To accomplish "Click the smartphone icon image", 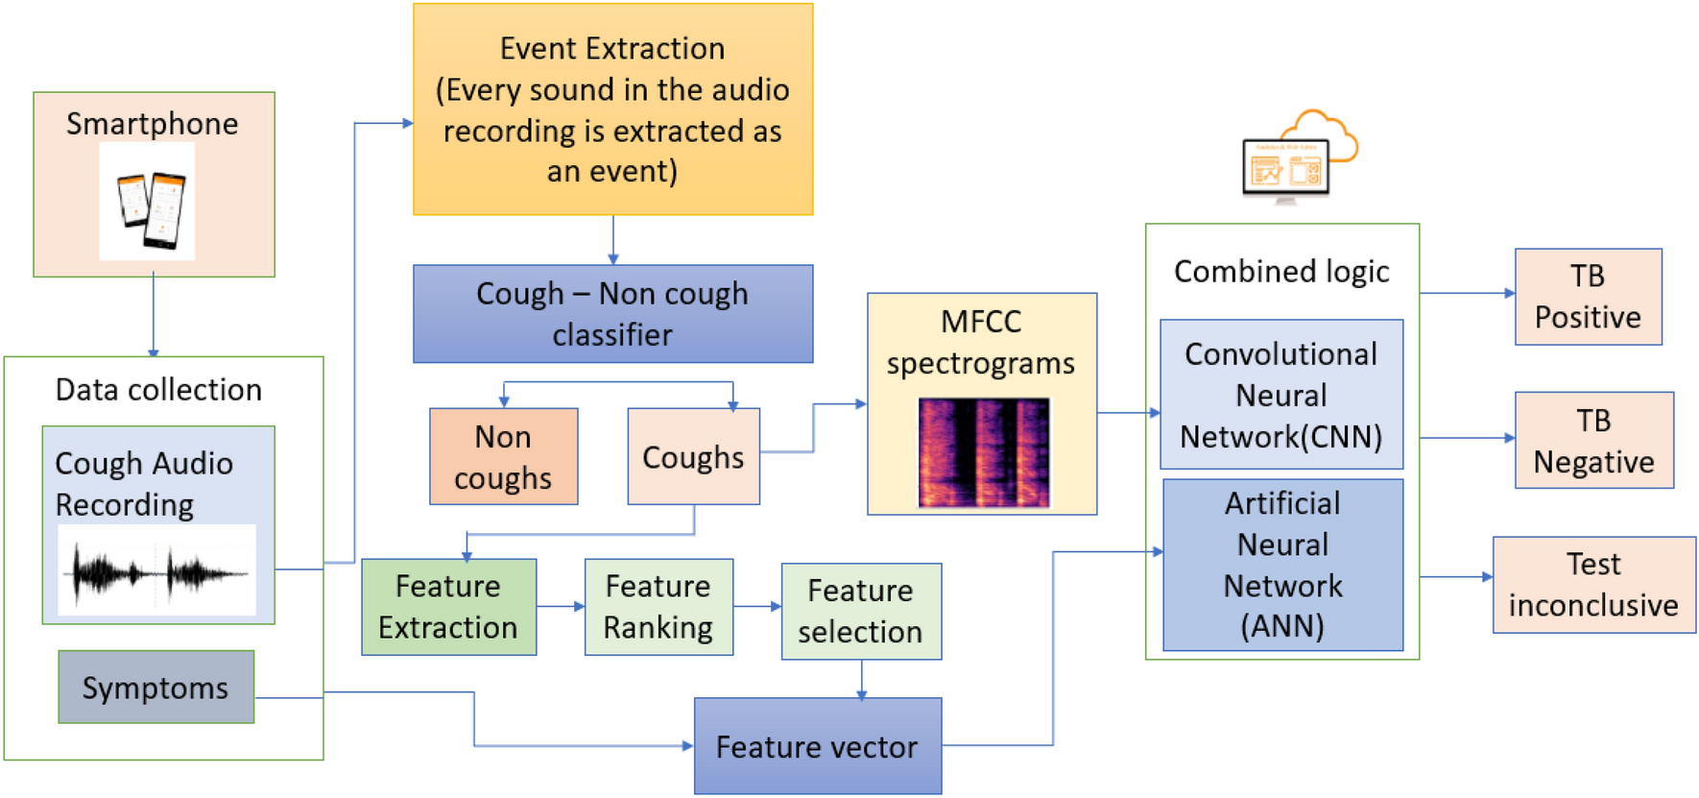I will (148, 203).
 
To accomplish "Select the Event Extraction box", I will (612, 109).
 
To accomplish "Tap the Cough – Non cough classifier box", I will (612, 314).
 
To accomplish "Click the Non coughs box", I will (503, 457).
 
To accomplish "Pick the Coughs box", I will (693, 457).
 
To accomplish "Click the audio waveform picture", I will (156, 571).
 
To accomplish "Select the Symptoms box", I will (156, 688).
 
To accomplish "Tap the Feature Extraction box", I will (448, 607).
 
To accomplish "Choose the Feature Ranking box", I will (658, 607).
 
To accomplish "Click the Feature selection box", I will (861, 612).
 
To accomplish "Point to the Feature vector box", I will (817, 746).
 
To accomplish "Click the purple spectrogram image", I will (983, 452).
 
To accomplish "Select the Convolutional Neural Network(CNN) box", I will (1281, 395).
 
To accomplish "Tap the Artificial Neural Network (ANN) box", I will (1282, 565).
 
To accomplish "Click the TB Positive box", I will (1588, 297).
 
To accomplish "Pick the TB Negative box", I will (1593, 441).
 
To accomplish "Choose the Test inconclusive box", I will (1593, 585).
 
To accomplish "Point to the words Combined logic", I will (1281, 272).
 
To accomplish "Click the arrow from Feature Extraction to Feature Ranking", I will (561, 607).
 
